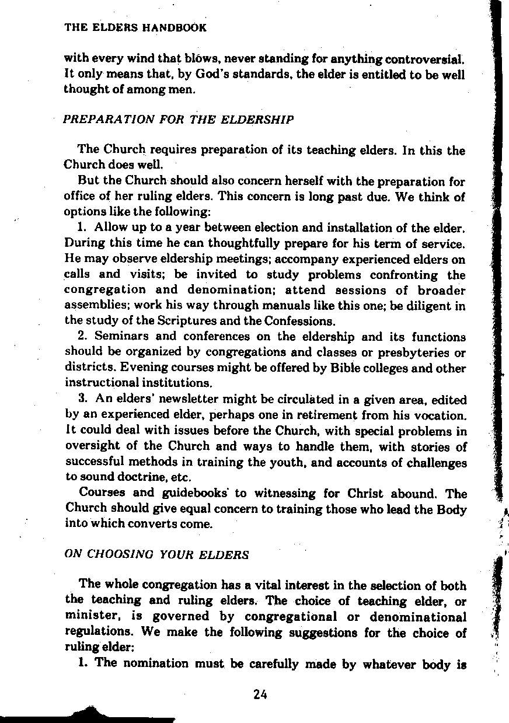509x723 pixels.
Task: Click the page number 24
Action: (x=260, y=694)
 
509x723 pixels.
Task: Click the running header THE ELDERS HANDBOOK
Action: (x=135, y=27)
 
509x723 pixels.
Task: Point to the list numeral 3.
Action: (x=82, y=400)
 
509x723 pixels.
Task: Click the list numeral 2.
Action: (x=82, y=337)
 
